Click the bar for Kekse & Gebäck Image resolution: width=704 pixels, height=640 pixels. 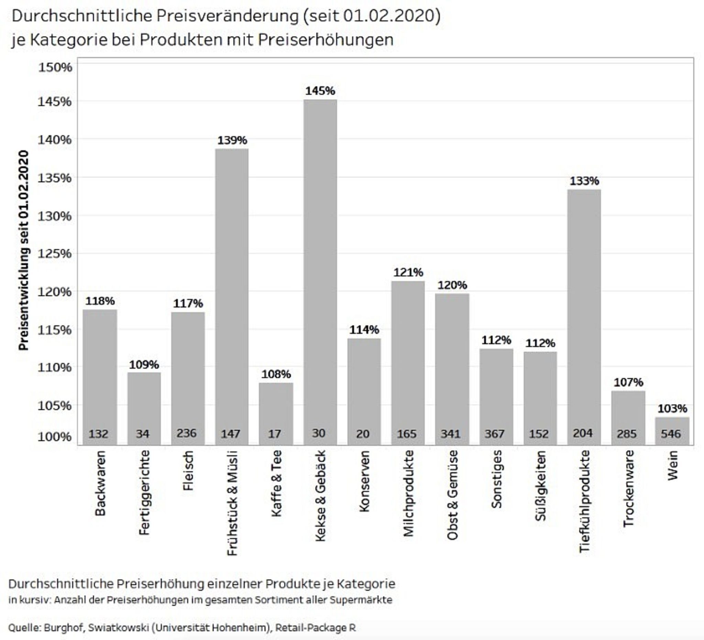point(320,272)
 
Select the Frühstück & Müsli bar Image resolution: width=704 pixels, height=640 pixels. point(232,296)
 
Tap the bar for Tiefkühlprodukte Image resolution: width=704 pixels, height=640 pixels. point(584,317)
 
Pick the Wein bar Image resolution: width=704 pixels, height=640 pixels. point(672,431)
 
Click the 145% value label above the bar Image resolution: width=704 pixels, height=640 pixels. point(320,91)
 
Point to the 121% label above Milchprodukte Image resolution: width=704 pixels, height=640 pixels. point(408,272)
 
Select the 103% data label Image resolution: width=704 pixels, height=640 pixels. point(672,409)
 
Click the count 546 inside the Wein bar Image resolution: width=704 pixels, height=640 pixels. point(670,434)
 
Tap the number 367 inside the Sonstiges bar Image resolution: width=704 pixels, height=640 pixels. point(494,434)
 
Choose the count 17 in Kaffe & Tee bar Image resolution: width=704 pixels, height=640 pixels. point(274,434)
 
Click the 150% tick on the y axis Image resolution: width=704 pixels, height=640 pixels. point(55,67)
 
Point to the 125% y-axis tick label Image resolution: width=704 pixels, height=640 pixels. point(55,253)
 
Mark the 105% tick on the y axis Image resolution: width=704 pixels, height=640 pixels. point(55,405)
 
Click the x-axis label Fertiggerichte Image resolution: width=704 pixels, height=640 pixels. point(144,492)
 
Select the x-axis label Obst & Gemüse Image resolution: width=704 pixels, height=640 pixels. point(452,495)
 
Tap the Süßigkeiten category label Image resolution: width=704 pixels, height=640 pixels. point(540,486)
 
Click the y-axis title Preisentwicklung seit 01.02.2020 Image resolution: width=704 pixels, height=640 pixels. point(23,250)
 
